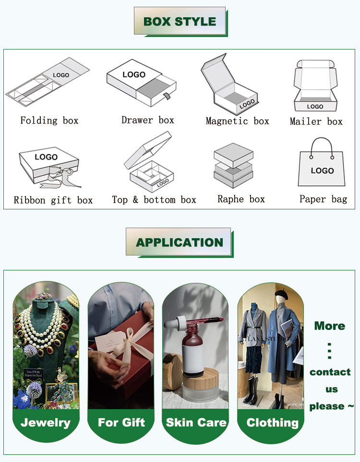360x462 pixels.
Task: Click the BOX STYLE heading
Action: [180, 21]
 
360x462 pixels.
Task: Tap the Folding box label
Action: [49, 121]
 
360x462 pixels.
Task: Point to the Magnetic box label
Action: [237, 121]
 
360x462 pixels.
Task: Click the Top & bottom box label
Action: [154, 200]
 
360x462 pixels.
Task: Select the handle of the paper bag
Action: [322, 146]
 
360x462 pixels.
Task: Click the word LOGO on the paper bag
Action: [322, 170]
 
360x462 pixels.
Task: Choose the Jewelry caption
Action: [46, 423]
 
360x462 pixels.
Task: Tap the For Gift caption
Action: [121, 423]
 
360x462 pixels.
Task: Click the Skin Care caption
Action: [196, 423]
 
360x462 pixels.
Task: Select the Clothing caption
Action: [272, 423]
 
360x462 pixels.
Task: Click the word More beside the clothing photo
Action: [329, 326]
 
